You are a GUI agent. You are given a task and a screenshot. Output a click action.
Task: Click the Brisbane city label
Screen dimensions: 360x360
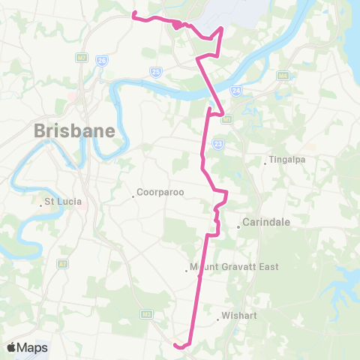click(74, 130)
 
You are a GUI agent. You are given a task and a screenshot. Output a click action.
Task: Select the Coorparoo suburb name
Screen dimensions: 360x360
click(158, 193)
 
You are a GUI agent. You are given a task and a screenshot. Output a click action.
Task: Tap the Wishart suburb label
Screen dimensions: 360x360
click(239, 316)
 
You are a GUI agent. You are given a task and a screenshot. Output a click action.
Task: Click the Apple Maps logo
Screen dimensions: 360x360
click(27, 347)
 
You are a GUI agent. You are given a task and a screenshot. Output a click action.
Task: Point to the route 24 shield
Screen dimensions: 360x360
click(236, 91)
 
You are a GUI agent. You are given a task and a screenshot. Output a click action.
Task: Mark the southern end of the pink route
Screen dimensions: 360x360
click(174, 344)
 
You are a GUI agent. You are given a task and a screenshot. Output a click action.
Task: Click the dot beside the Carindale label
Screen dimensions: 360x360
click(238, 226)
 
